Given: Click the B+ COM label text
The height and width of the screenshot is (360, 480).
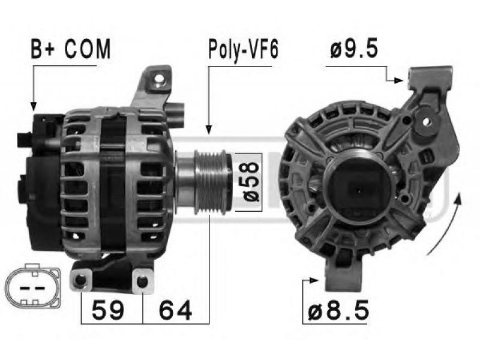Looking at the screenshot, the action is click(x=70, y=49).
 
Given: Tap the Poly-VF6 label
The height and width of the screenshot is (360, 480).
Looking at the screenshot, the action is click(x=243, y=49).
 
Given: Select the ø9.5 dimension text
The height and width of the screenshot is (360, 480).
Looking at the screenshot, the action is click(x=354, y=49).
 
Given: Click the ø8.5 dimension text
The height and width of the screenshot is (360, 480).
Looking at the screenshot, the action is click(x=338, y=310).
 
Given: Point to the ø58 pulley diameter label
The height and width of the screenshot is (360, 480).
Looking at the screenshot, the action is click(x=251, y=182).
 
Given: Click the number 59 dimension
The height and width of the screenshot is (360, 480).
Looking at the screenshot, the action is click(x=108, y=310).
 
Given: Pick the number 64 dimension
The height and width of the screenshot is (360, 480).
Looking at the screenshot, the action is click(x=175, y=310).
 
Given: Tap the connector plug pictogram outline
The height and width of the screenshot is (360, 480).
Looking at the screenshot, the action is click(x=32, y=287).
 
